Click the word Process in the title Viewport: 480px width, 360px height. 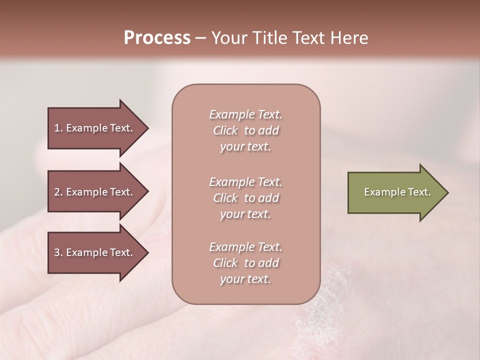(157, 38)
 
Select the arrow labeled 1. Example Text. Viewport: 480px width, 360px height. (95, 128)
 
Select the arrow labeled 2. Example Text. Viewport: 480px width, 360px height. (95, 192)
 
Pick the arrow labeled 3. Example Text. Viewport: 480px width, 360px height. (95, 252)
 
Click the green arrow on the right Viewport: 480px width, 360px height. (395, 192)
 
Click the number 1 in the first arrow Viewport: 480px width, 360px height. (57, 128)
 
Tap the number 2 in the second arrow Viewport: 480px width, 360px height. (57, 192)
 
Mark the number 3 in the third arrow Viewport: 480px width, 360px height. (57, 252)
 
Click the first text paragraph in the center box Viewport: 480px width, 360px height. (245, 130)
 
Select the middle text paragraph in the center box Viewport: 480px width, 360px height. (245, 198)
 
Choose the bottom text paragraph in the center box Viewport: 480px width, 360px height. (245, 263)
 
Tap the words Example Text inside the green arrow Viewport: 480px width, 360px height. (397, 192)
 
